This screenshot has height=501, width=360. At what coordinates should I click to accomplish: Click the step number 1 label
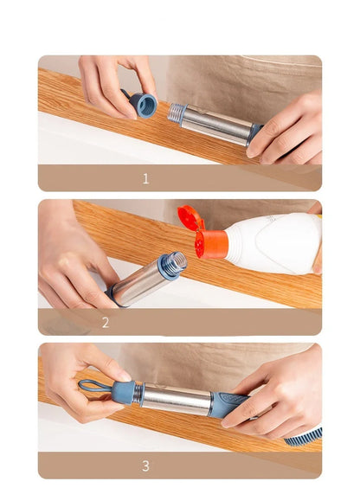[145, 179]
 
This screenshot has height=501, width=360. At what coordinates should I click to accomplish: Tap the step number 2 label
[106, 323]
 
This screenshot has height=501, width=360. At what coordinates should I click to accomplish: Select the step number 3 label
[145, 466]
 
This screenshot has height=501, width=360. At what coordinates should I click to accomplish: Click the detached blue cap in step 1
[143, 105]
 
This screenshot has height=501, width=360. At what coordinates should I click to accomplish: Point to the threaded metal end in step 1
[177, 113]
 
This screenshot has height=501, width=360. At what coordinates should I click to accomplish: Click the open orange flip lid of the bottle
[190, 218]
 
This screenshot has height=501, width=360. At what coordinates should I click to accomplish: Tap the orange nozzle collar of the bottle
[210, 245]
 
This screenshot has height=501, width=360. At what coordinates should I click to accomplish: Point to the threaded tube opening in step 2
[173, 264]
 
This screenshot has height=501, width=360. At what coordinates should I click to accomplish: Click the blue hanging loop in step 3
[93, 386]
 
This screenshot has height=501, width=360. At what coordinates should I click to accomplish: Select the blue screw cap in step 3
[123, 392]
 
